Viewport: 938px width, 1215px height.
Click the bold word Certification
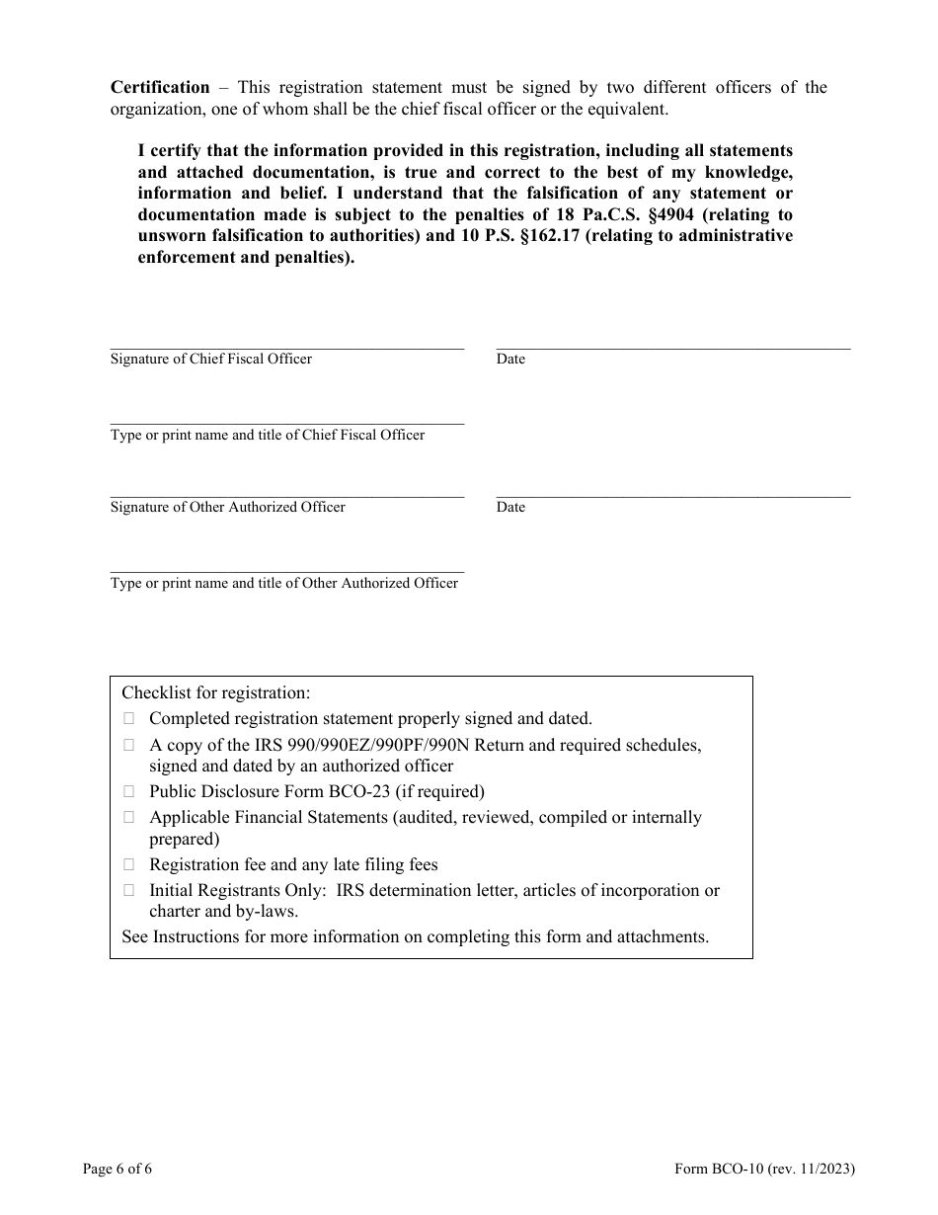pyautogui.click(x=160, y=87)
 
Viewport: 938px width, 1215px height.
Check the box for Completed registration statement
pyautogui.click(x=128, y=719)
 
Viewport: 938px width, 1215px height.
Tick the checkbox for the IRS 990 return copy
pyautogui.click(x=128, y=745)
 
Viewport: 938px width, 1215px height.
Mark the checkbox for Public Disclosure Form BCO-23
pyautogui.click(x=128, y=791)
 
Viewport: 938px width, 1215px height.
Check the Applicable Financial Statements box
pyautogui.click(x=128, y=817)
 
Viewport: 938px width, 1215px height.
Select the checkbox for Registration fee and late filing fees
pyautogui.click(x=128, y=864)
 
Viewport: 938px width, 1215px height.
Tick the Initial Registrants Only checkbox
pyautogui.click(x=128, y=890)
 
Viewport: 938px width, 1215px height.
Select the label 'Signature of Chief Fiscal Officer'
pyautogui.click(x=211, y=359)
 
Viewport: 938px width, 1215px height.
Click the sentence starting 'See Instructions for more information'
pyautogui.click(x=415, y=936)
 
